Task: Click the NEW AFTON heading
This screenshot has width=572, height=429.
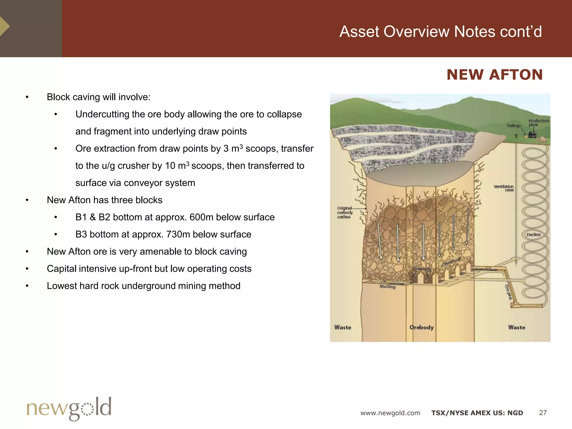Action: point(494,75)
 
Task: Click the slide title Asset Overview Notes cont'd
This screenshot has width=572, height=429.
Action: point(440,32)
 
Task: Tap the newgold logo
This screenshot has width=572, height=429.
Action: point(69,409)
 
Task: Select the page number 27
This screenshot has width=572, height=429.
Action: point(543,413)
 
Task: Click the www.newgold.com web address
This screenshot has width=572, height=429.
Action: point(390,413)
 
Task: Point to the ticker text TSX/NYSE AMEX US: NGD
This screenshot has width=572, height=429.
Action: point(477,413)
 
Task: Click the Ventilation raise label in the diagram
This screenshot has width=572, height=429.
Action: point(504,188)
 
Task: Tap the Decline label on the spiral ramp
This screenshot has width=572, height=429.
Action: point(533,235)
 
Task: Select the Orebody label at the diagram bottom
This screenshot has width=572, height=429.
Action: point(421,327)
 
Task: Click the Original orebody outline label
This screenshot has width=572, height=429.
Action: point(345,213)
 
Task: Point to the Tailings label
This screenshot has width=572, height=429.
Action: point(514,126)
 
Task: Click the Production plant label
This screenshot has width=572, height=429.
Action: point(538,123)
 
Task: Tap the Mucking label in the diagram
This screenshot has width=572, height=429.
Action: point(387,287)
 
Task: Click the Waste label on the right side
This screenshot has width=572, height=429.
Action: point(516,327)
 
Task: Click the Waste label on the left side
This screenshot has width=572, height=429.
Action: point(343,327)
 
